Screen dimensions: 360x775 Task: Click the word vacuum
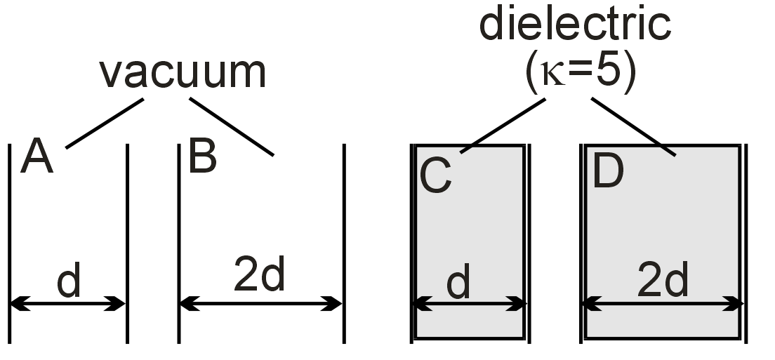(183, 72)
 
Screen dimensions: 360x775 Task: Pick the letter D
(608, 172)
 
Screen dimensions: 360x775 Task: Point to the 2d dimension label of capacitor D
(663, 281)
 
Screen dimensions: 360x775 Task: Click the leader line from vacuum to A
(105, 123)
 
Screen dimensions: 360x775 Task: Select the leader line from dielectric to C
(503, 124)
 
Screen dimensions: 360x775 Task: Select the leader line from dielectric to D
(634, 126)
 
